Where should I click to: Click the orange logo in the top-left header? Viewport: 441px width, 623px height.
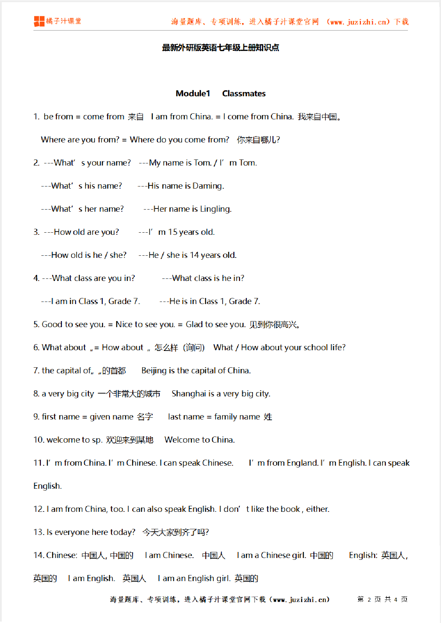pyautogui.click(x=39, y=21)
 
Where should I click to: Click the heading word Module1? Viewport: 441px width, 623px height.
pyautogui.click(x=193, y=93)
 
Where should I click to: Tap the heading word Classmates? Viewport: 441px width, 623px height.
pyautogui.click(x=244, y=93)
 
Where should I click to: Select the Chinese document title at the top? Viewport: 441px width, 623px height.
pyautogui.click(x=220, y=48)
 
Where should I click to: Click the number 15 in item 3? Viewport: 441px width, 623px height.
pyautogui.click(x=172, y=232)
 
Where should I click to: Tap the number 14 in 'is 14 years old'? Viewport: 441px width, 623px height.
pyautogui.click(x=194, y=255)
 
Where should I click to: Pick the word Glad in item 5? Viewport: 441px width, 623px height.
pyautogui.click(x=194, y=324)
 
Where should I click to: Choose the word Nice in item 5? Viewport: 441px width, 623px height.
pyautogui.click(x=124, y=324)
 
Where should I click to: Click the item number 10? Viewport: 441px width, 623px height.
pyautogui.click(x=38, y=440)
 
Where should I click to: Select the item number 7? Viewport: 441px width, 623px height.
pyautogui.click(x=36, y=370)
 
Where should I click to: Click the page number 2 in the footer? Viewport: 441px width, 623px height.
pyautogui.click(x=369, y=600)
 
